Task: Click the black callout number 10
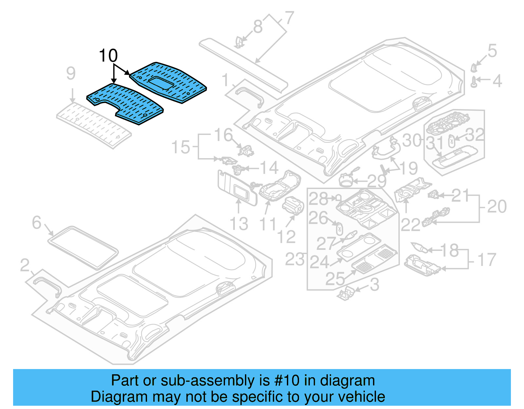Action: pos(108,56)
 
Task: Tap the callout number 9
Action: pos(71,73)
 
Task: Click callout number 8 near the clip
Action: pos(258,27)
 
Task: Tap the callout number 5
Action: pos(492,51)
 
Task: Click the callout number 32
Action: pos(475,135)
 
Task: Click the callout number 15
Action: pos(181,147)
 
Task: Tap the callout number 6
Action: pos(37,223)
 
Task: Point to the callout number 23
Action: pos(295,260)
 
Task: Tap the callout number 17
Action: pos(487,260)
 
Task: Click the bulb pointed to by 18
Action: pos(419,247)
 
